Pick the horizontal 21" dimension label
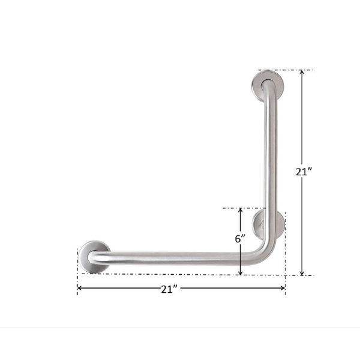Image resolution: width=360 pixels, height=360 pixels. (x=170, y=289)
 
